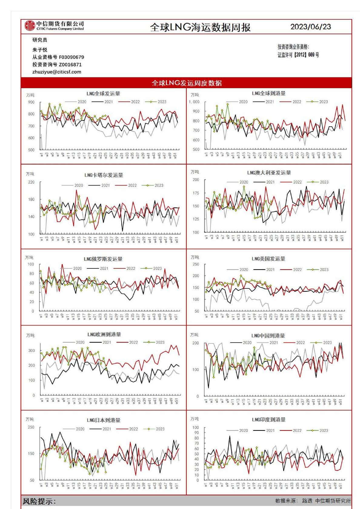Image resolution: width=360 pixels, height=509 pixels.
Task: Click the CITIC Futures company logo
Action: [30, 26]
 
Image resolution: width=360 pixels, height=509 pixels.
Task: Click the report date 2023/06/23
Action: [311, 27]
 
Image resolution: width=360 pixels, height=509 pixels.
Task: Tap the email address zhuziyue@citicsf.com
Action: [57, 72]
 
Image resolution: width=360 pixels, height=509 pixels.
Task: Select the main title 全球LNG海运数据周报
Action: [200, 28]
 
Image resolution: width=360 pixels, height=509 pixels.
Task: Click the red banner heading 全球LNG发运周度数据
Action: [186, 83]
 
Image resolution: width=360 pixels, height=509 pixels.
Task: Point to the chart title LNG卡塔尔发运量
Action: [104, 175]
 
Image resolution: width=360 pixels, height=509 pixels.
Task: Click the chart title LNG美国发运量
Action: [268, 259]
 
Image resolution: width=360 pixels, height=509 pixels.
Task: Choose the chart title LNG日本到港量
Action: [104, 420]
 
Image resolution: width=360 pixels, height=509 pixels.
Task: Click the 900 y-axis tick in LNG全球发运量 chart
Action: [31, 102]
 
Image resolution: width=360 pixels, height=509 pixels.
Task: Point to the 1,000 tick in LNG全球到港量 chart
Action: [194, 102]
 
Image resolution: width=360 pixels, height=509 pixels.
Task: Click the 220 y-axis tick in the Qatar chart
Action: [31, 182]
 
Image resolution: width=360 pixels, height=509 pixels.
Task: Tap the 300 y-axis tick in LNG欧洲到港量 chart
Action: [32, 351]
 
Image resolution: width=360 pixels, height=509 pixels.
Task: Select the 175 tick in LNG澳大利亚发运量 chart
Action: [196, 193]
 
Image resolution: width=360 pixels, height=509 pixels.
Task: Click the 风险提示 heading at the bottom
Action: [39, 501]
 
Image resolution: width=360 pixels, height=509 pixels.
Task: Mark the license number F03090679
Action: [72, 57]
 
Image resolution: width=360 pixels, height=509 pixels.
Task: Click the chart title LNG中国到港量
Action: [268, 336]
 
